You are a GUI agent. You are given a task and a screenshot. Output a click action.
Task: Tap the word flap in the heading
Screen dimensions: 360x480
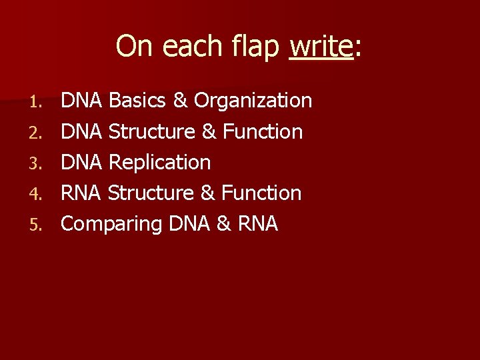(x=257, y=47)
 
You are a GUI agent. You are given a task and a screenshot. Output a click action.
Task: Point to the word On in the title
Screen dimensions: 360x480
(x=132, y=47)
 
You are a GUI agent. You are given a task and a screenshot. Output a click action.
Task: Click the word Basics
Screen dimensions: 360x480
(x=137, y=101)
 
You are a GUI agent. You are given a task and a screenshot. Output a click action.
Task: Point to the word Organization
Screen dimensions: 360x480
(x=253, y=101)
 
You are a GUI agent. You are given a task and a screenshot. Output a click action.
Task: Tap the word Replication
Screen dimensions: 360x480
(x=159, y=162)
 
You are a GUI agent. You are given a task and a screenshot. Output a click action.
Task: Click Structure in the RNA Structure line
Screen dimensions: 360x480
(x=150, y=193)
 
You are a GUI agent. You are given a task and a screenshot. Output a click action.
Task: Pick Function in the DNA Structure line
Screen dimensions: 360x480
(x=263, y=131)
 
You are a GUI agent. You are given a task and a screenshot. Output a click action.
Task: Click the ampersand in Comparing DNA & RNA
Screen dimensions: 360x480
(x=224, y=223)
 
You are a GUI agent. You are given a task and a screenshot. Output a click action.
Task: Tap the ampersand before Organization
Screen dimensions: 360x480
(x=180, y=101)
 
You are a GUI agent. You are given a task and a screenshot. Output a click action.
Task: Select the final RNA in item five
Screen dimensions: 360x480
(x=257, y=223)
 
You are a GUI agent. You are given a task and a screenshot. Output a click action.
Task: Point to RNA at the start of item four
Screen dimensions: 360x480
(x=81, y=193)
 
